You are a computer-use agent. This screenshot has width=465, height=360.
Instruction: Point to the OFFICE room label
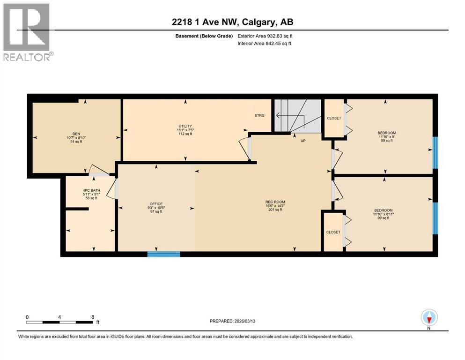pos(156,204)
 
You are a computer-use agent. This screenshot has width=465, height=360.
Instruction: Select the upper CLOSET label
pos(334,118)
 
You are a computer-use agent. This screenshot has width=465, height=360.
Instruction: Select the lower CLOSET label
pos(333,232)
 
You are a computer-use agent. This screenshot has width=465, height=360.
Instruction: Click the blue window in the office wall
pos(164,254)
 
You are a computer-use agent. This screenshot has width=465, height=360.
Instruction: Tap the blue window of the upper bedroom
pos(435,152)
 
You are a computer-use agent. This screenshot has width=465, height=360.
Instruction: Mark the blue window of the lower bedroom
pos(435,218)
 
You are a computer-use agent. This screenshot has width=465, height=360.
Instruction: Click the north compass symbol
pos(429,318)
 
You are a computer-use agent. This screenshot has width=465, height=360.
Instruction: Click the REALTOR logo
pos(27,32)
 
